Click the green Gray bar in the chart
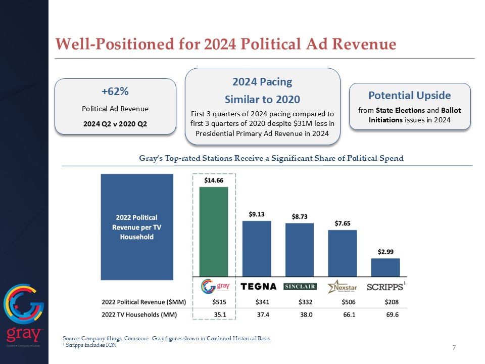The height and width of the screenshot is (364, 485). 214,231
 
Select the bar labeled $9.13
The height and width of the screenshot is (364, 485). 257,248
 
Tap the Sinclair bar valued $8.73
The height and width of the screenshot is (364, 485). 299,249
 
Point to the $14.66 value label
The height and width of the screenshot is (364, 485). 214,180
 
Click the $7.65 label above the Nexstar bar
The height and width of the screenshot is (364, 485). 343,223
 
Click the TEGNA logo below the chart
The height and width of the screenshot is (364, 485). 259,287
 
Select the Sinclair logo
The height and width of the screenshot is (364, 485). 300,287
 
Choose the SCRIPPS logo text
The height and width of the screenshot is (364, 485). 384,287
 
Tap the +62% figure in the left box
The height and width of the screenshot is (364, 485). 115,92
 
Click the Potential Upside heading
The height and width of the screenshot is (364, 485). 410,96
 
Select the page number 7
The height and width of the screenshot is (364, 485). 454,348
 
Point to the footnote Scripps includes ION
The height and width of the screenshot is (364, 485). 87,344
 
